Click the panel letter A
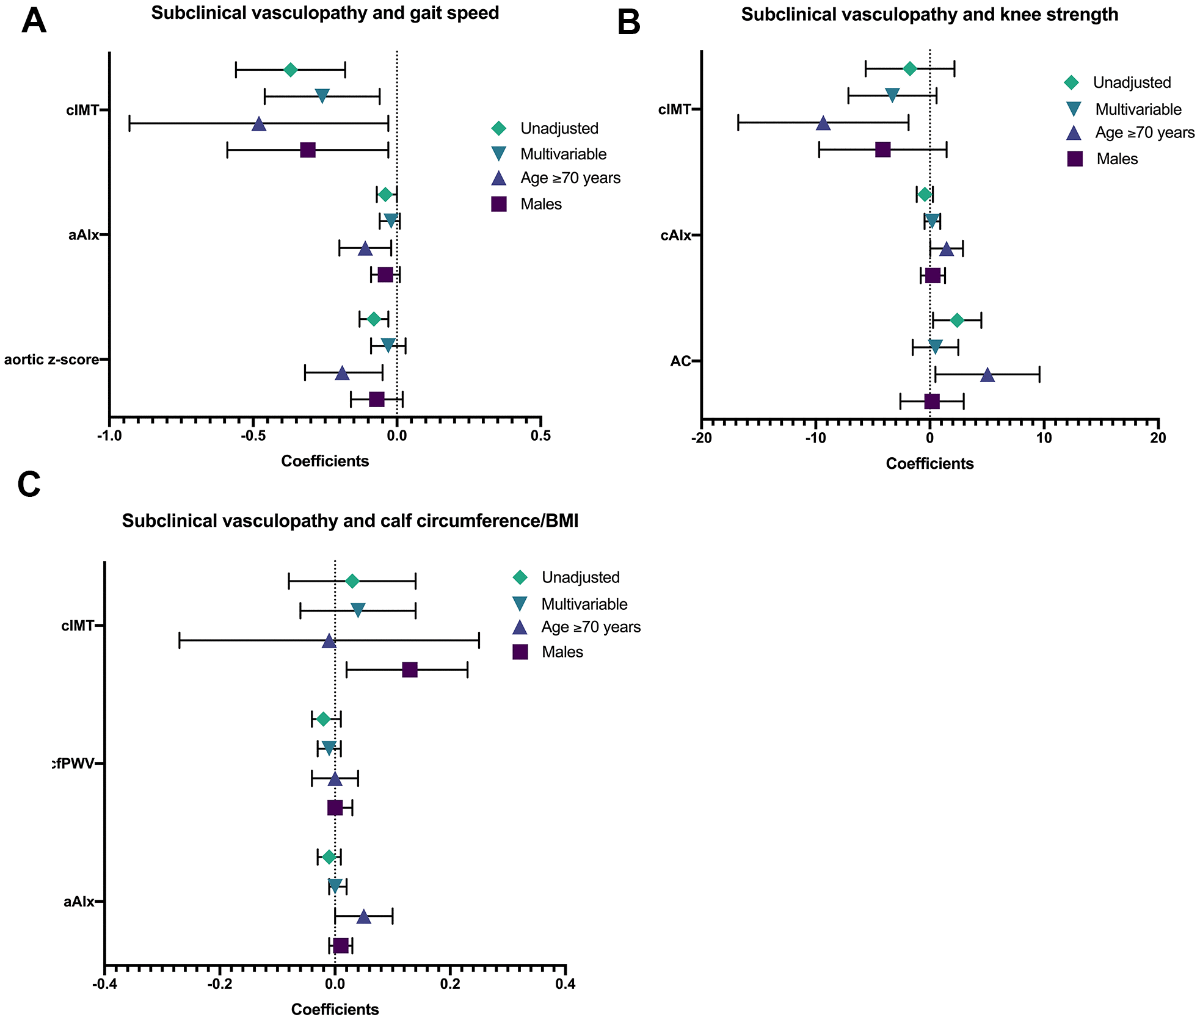click(x=34, y=21)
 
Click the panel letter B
click(x=629, y=23)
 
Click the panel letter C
click(x=29, y=485)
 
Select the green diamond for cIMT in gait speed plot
click(x=291, y=70)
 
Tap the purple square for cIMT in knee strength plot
click(x=883, y=150)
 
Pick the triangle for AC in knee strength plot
click(x=987, y=375)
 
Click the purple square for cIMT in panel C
click(x=410, y=670)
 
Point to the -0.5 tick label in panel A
click(x=253, y=436)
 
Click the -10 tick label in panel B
click(x=815, y=438)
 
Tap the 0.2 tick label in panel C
click(x=450, y=984)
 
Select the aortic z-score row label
click(x=52, y=360)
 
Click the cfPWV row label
click(x=73, y=764)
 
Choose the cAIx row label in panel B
click(x=676, y=236)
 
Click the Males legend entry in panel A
click(x=540, y=204)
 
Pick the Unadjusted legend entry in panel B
click(x=1132, y=82)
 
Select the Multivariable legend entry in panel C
click(x=584, y=604)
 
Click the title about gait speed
click(x=325, y=13)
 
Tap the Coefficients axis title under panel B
click(x=929, y=464)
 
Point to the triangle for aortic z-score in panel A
click(x=343, y=372)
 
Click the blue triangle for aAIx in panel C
click(x=364, y=916)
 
